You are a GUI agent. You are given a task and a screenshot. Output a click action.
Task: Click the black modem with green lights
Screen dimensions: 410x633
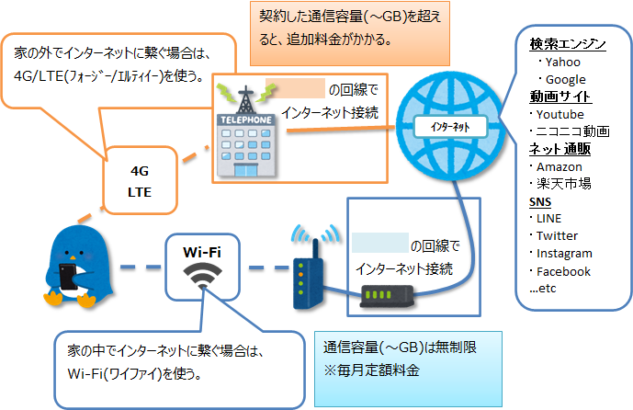click(389, 297)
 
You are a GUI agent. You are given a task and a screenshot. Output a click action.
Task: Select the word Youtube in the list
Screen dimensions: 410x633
click(560, 114)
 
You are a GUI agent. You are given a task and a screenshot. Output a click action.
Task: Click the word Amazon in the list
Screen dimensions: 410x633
click(560, 166)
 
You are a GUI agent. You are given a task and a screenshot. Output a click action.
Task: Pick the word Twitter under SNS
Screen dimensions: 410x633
click(558, 236)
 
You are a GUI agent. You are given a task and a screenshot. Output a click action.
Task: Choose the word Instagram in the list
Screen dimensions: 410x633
click(564, 254)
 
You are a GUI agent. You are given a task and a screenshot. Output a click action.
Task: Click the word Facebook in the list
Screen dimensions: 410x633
click(563, 271)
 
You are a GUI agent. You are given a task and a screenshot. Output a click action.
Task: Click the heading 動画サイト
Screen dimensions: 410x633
click(560, 97)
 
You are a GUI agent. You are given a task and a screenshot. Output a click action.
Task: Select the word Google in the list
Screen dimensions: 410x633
click(566, 79)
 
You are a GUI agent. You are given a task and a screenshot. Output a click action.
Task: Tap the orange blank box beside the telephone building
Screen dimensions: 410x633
click(296, 88)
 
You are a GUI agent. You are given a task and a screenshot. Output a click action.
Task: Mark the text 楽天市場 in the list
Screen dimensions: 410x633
click(563, 184)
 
